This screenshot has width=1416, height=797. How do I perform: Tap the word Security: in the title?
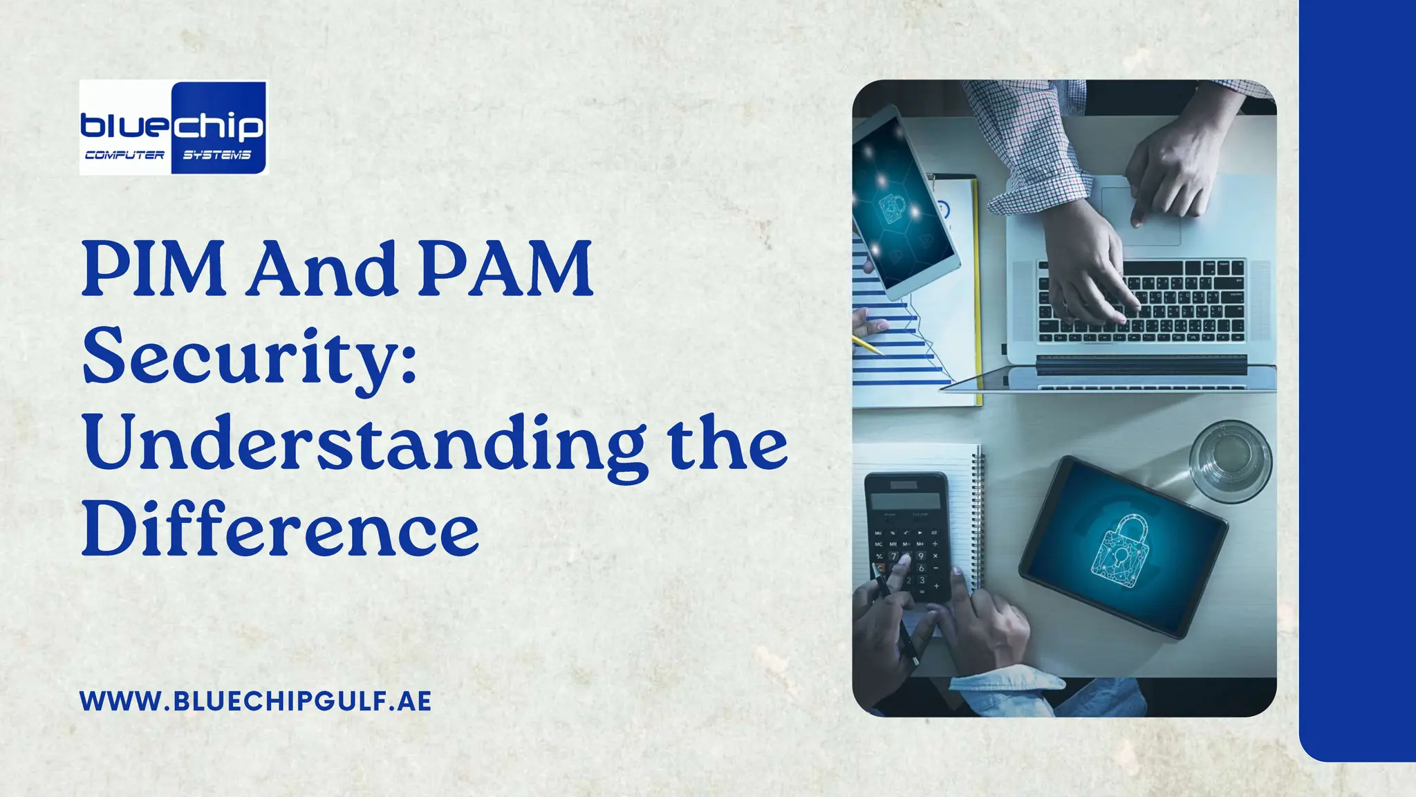click(x=250, y=358)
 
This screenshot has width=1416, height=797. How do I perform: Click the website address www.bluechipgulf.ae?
click(x=255, y=701)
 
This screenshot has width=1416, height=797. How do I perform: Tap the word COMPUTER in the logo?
click(x=124, y=155)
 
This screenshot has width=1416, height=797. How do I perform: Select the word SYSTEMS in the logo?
click(x=216, y=155)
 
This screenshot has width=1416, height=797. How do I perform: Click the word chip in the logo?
click(x=217, y=126)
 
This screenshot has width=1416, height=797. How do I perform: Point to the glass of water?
click(x=1230, y=460)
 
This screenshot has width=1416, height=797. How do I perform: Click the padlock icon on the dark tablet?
click(x=1120, y=550)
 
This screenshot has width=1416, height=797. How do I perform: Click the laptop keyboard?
click(x=1141, y=301)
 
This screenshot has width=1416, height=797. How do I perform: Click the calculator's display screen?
click(x=904, y=500)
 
